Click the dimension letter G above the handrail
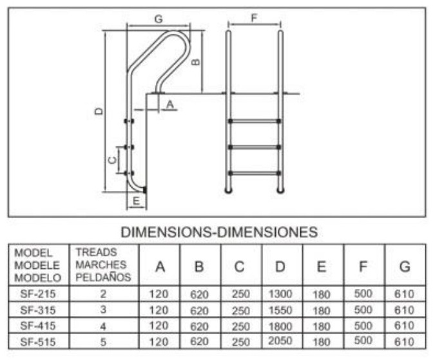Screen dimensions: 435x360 (x=159, y=19)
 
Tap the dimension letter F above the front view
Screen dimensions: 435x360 (x=254, y=18)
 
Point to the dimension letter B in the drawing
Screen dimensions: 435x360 (x=196, y=62)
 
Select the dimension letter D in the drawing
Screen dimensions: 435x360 (x=99, y=111)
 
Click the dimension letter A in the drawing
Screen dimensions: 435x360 (x=169, y=105)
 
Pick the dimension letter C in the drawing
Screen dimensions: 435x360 (x=111, y=160)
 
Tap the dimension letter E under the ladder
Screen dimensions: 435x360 (x=136, y=201)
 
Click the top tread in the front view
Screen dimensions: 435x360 (x=255, y=121)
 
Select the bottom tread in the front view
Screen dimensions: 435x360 (x=255, y=173)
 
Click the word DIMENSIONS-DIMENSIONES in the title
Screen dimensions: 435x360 (x=219, y=232)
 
